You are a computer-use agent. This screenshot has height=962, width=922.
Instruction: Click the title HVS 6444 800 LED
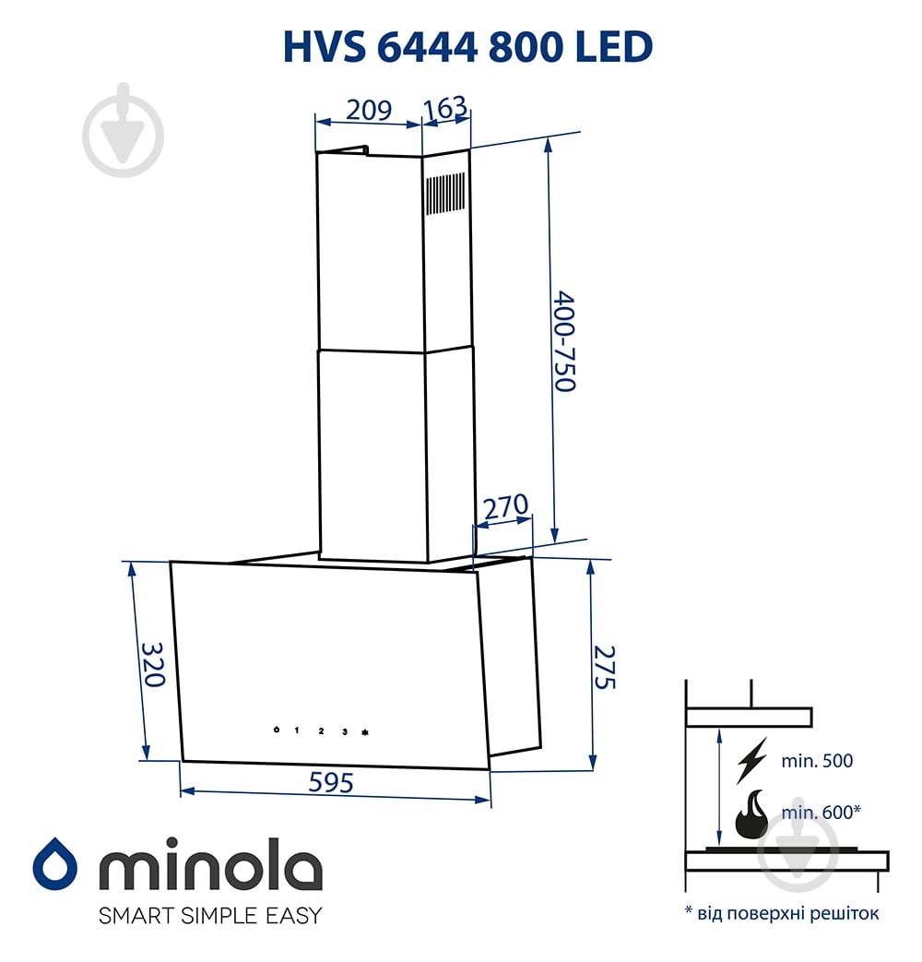pyautogui.click(x=467, y=46)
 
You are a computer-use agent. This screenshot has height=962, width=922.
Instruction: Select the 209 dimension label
pyautogui.click(x=368, y=110)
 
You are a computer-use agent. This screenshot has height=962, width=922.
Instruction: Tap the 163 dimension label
pyautogui.click(x=445, y=109)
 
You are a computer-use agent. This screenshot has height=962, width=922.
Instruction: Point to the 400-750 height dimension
pyautogui.click(x=565, y=341)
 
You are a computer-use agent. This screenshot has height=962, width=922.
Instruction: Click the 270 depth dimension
pyautogui.click(x=505, y=506)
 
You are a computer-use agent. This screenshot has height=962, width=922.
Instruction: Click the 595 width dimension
pyautogui.click(x=331, y=783)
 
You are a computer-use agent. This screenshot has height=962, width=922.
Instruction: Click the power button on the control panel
pyautogui.click(x=276, y=730)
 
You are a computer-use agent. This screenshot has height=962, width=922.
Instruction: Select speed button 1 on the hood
pyautogui.click(x=297, y=730)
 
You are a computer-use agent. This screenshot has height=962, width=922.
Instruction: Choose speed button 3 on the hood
pyautogui.click(x=344, y=731)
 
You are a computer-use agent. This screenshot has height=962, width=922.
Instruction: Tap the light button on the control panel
pyautogui.click(x=365, y=732)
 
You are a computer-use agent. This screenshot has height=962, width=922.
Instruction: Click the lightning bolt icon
pyautogui.click(x=752, y=758)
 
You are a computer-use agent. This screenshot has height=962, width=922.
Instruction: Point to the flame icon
pyautogui.click(x=752, y=814)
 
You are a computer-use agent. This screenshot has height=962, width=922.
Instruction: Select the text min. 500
pyautogui.click(x=817, y=761)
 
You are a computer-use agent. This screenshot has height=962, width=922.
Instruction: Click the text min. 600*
pyautogui.click(x=821, y=812)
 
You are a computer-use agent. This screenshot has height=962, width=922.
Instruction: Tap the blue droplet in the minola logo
pyautogui.click(x=54, y=864)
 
